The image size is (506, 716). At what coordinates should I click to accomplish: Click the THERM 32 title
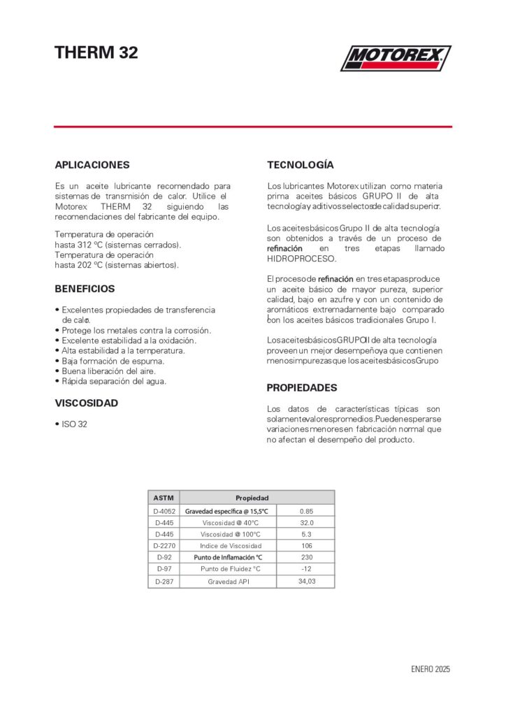tap(96, 53)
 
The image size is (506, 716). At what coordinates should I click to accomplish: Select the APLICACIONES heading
tap(92, 165)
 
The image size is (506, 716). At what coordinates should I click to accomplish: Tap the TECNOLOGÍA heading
tap(301, 165)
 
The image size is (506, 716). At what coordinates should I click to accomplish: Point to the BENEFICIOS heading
tap(85, 288)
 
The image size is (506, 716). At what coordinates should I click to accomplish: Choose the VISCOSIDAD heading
tap(86, 403)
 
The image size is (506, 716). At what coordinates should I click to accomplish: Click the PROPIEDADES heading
tap(302, 387)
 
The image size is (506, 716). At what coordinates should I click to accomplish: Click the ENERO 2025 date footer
tap(431, 669)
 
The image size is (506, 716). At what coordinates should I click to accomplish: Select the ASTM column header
tap(164, 498)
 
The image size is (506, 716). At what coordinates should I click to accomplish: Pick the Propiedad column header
tap(252, 498)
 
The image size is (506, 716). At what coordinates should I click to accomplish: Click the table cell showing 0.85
tap(306, 511)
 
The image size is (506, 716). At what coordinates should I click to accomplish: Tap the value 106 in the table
tap(306, 545)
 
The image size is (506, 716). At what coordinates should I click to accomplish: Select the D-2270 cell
tap(164, 545)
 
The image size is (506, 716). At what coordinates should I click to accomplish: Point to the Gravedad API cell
tap(229, 581)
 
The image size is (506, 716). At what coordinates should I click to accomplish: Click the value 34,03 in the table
tap(306, 581)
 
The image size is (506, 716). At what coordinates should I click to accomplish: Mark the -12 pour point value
tap(306, 568)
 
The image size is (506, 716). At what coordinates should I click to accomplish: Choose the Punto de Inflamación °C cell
tap(228, 557)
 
